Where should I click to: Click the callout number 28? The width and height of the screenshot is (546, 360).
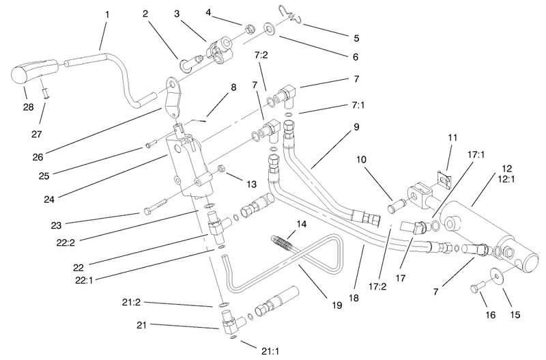click(28, 107)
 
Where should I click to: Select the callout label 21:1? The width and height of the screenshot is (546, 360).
click(270, 351)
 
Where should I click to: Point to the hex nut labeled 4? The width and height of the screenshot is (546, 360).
click(248, 29)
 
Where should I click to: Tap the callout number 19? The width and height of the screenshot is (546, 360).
click(336, 305)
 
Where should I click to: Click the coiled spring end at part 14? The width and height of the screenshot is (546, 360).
click(281, 241)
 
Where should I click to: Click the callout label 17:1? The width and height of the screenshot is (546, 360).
click(476, 154)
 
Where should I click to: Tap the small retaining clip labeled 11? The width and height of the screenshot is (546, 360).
click(443, 178)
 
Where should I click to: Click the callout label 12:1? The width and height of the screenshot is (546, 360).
click(506, 179)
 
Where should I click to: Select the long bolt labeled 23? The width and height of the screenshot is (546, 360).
click(157, 206)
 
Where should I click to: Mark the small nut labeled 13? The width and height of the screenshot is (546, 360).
click(220, 169)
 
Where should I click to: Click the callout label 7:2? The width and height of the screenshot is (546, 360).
click(261, 55)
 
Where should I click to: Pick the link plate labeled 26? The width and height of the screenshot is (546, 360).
click(173, 98)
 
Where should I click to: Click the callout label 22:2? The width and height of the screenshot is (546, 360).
click(66, 243)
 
